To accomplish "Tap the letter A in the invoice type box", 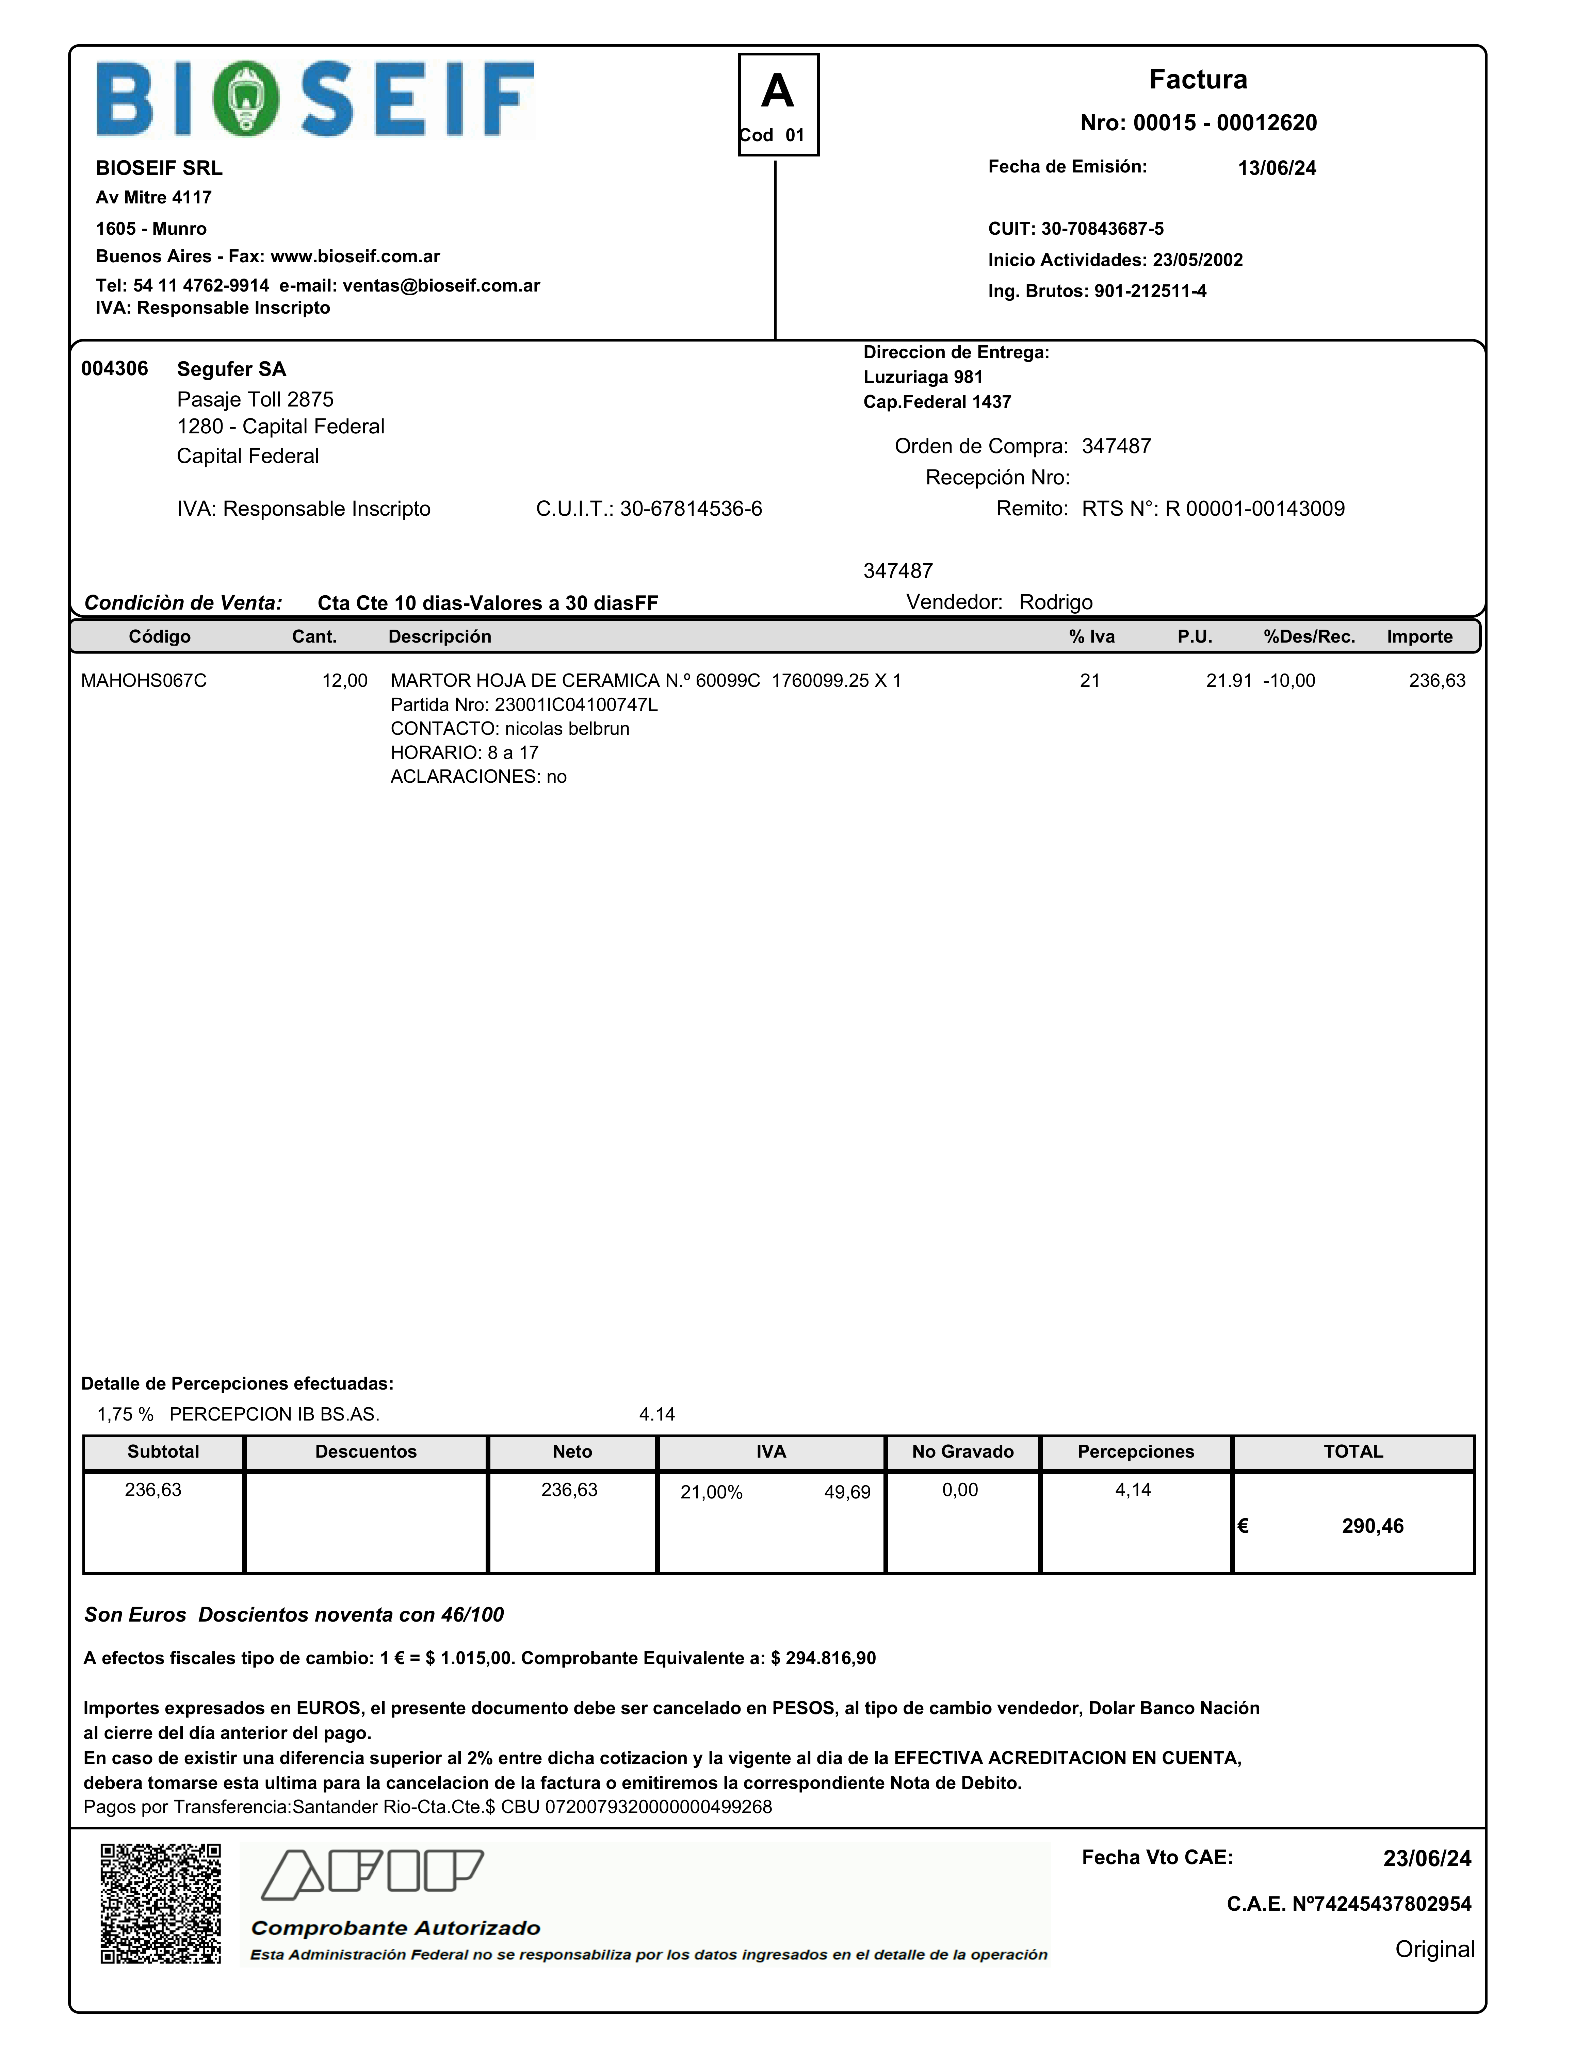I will click(778, 92).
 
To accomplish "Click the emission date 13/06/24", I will click(1276, 168).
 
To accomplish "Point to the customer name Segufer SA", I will click(231, 368).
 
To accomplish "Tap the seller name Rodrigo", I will click(1056, 602).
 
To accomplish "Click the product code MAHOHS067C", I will click(143, 680).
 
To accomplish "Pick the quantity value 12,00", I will click(344, 680).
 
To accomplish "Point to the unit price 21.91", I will click(1228, 680).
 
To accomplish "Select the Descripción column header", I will click(439, 636).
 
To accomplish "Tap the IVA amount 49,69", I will click(846, 1492).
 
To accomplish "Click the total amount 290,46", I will click(1372, 1526).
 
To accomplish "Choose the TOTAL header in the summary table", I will click(1352, 1451).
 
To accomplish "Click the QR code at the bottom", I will click(160, 1904).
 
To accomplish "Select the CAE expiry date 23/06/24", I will click(1426, 1858).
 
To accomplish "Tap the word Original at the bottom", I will click(1433, 1949).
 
